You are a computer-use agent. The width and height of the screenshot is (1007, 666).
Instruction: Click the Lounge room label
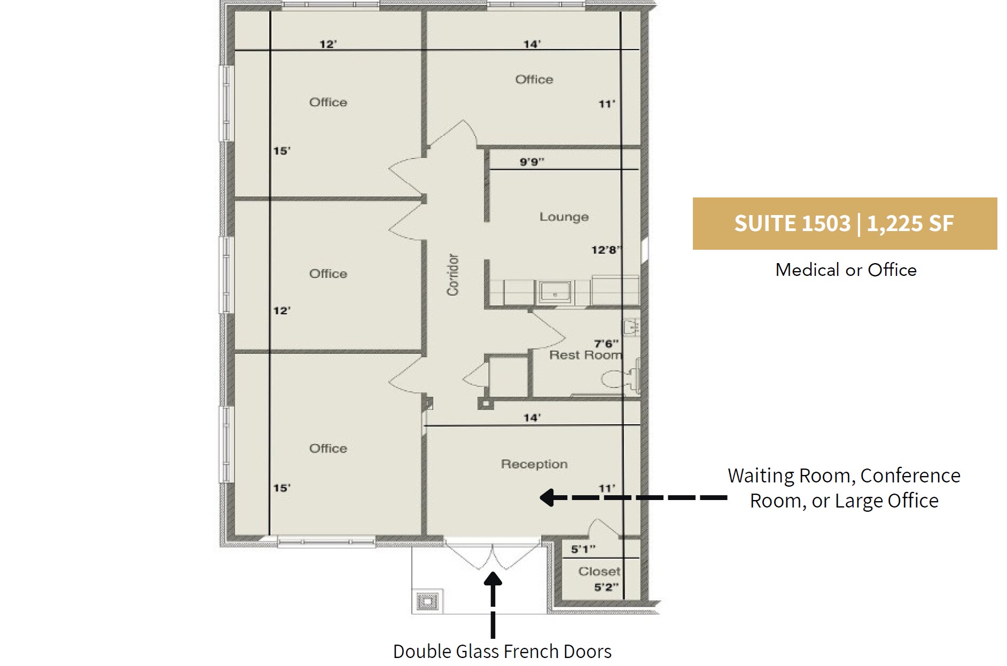[564, 217]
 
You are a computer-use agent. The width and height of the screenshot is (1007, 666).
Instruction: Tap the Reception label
[534, 464]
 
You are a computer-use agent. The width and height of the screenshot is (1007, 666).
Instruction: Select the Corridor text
[453, 275]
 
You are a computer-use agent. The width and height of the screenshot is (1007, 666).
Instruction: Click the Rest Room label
[586, 355]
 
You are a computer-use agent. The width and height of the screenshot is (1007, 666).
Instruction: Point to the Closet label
[599, 572]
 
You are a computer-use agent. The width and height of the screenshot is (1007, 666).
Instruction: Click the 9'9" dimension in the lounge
[532, 162]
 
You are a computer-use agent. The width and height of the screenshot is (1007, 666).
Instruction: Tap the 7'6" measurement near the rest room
[606, 344]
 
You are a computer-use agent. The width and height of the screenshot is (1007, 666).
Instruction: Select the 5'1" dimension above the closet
[583, 549]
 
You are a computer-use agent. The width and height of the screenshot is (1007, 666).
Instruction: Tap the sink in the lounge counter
[555, 292]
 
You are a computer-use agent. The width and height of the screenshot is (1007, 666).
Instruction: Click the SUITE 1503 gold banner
[844, 224]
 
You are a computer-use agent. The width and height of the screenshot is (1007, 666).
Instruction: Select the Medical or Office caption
[846, 270]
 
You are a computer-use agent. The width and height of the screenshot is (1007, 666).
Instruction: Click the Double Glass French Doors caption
[502, 652]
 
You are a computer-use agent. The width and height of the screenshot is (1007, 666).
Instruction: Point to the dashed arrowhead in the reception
[547, 498]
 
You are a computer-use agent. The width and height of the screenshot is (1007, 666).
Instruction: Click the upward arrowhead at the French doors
[493, 580]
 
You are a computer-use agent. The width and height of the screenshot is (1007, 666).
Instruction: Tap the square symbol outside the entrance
[427, 602]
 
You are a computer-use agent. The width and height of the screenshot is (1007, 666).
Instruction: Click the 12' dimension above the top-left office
[327, 44]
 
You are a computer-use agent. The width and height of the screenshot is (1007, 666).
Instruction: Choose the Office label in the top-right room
[534, 80]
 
